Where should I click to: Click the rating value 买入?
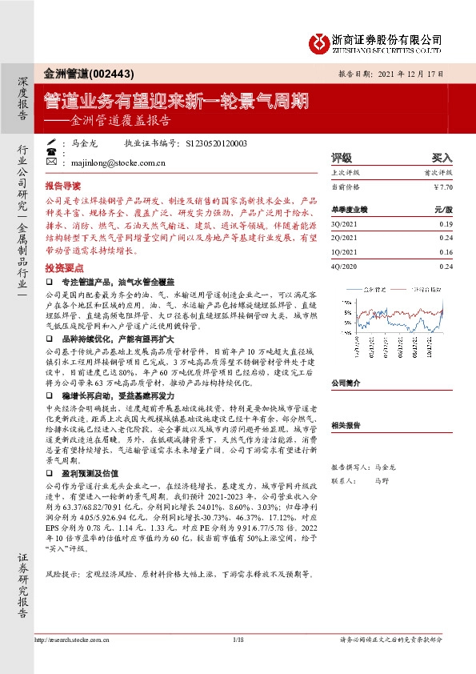tap(442, 158)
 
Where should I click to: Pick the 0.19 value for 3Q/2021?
tap(446, 225)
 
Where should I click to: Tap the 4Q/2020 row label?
tap(344, 266)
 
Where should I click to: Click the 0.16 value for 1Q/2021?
tap(446, 252)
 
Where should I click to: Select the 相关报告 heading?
tap(346, 426)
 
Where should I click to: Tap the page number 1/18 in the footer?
tap(237, 640)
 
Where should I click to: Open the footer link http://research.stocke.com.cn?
tap(76, 640)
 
